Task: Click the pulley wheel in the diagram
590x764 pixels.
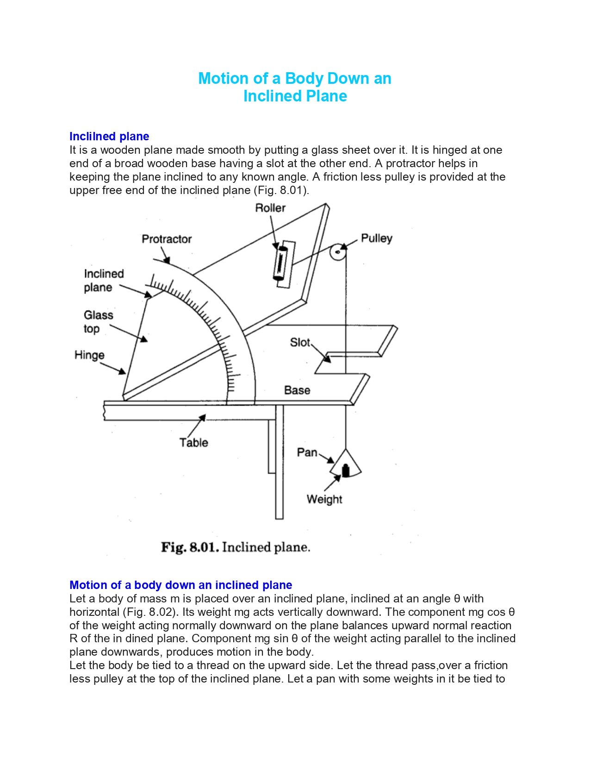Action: [338, 252]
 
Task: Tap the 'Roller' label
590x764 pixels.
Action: [270, 208]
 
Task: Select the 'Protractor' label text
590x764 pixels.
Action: [167, 239]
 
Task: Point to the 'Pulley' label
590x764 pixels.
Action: [376, 238]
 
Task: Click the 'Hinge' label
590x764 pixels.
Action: [89, 355]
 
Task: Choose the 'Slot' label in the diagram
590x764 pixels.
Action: [300, 342]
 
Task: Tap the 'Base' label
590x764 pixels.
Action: [297, 390]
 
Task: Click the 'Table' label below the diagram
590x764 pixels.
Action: [193, 442]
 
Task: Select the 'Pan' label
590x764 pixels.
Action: [307, 452]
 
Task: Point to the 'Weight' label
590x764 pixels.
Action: [324, 499]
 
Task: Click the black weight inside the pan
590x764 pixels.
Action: [346, 471]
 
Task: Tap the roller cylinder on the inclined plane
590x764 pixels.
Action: [280, 263]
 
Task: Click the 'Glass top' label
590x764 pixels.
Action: [99, 322]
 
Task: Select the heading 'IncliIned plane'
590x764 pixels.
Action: [109, 136]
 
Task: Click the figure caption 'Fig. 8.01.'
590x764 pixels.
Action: [190, 547]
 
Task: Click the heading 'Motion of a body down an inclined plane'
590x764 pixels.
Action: [180, 585]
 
